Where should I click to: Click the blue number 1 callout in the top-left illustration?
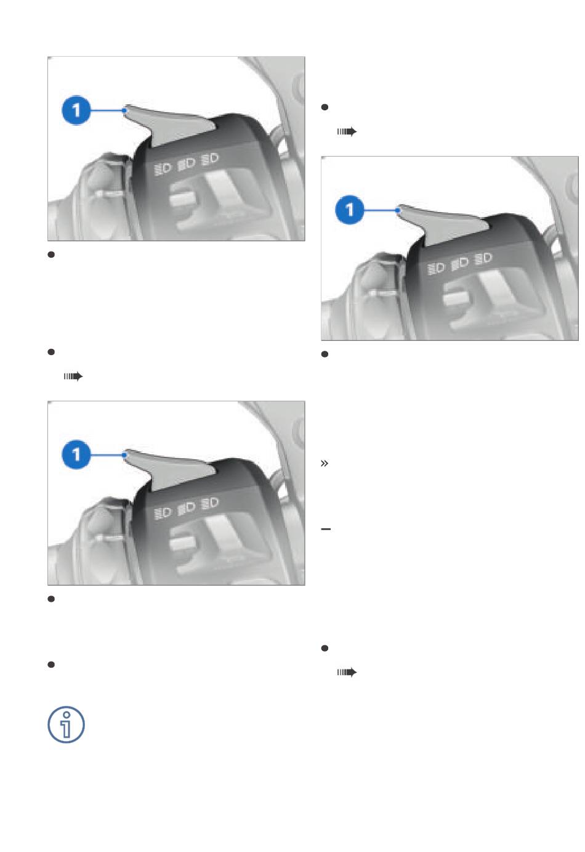click(x=76, y=110)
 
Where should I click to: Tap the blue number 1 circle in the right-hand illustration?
click(x=350, y=210)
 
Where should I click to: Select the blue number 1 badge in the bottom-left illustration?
click(x=76, y=454)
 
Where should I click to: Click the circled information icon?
click(x=66, y=724)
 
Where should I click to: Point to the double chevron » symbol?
click(x=325, y=463)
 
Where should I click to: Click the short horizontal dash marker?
click(x=326, y=529)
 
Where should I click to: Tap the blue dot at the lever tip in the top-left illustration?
click(x=124, y=110)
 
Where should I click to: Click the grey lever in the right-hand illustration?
click(x=443, y=224)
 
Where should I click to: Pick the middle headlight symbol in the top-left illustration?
click(x=187, y=163)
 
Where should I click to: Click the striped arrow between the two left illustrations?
click(x=73, y=377)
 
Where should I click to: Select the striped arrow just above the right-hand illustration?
click(x=347, y=131)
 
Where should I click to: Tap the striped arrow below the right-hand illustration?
click(x=347, y=673)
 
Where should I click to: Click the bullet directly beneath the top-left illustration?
click(x=51, y=255)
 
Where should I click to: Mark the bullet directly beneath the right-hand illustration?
click(x=325, y=354)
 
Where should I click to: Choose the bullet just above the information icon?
click(x=51, y=665)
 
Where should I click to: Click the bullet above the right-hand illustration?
click(x=325, y=107)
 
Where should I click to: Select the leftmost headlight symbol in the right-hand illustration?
click(x=436, y=269)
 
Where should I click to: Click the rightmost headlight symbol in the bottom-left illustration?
click(x=210, y=503)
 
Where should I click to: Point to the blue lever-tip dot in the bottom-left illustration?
click(x=124, y=454)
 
